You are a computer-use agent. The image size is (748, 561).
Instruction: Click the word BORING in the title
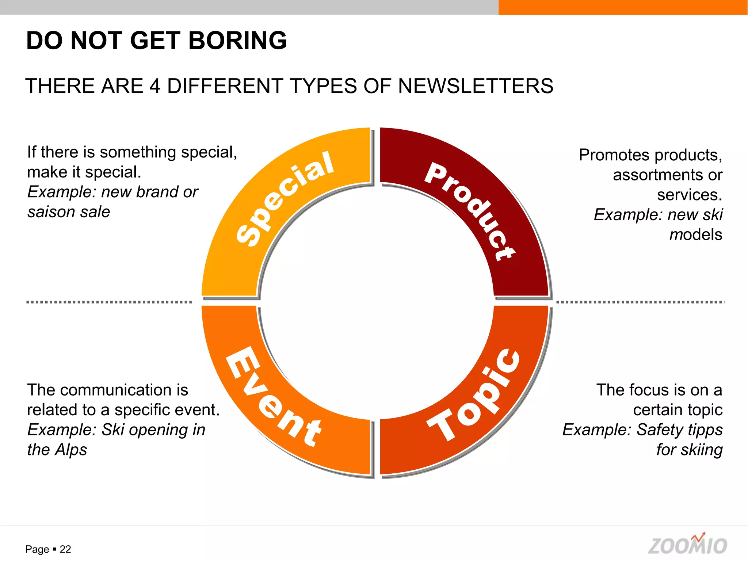click(x=237, y=41)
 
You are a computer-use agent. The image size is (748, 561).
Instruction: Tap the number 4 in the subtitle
click(x=155, y=86)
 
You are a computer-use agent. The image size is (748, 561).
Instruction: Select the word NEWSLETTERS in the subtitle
click(x=476, y=86)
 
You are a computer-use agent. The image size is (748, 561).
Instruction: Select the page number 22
click(x=65, y=549)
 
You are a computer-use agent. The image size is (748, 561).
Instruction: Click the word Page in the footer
click(x=37, y=549)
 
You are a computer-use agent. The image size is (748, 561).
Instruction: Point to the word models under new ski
click(x=696, y=235)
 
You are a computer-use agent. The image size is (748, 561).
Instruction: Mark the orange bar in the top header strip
click(x=623, y=7)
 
